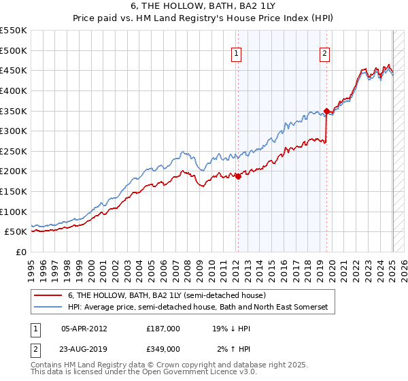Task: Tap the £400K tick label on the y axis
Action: pos(13,90)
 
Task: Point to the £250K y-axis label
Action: pos(13,151)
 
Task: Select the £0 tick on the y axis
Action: pos(22,252)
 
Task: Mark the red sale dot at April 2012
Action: pos(238,177)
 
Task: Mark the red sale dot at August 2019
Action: pos(327,111)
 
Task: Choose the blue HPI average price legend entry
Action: pos(197,308)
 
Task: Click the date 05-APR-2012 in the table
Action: pos(84,329)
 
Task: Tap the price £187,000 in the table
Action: pos(163,329)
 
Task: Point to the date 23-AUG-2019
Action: pos(84,349)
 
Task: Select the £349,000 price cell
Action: pos(163,349)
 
